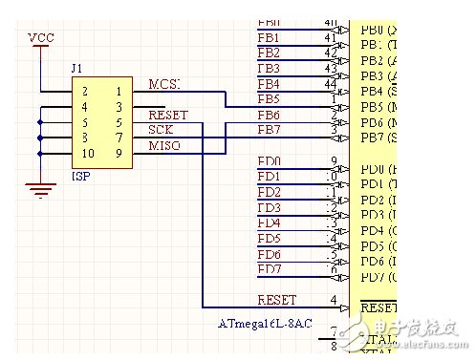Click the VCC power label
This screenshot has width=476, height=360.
(41, 37)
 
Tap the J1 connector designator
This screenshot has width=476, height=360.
(77, 69)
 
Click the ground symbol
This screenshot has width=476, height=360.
(39, 188)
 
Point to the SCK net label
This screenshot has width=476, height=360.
(161, 129)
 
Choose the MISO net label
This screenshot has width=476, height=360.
(163, 144)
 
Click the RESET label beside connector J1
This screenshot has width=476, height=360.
(168, 115)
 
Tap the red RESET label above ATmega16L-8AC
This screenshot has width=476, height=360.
(277, 300)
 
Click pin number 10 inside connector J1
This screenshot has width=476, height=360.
(88, 154)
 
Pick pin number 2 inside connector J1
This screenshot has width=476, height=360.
(86, 92)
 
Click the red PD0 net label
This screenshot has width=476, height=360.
(269, 161)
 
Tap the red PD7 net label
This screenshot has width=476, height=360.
(269, 269)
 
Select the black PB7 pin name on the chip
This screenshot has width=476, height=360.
(371, 138)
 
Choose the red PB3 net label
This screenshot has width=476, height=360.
(269, 68)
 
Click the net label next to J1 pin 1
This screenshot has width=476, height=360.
(163, 85)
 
